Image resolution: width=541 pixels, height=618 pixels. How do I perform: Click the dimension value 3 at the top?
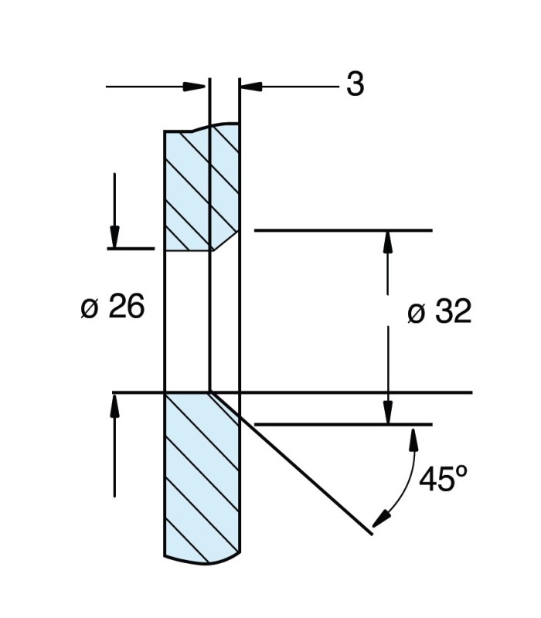355,85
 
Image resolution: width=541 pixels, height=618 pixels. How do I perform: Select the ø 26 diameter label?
113,307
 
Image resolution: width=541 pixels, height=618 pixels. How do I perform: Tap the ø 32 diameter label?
439,313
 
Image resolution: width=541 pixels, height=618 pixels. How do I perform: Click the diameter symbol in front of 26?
90,309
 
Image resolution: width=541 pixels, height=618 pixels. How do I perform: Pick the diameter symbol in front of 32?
416,314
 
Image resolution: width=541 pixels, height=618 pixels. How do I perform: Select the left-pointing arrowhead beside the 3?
252,87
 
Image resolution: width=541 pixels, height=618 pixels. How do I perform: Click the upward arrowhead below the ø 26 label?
114,405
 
